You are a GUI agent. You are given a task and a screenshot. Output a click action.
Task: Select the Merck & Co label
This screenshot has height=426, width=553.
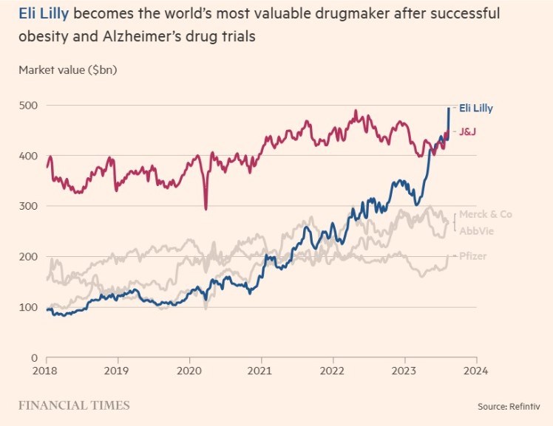pyautogui.click(x=485, y=214)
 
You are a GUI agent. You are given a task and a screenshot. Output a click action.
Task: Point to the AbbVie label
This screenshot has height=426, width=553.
pyautogui.click(x=477, y=231)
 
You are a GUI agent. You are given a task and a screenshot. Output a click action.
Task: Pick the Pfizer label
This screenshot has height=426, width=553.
pyautogui.click(x=472, y=255)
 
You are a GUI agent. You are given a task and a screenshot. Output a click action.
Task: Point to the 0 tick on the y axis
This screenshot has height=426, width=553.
pyautogui.click(x=33, y=357)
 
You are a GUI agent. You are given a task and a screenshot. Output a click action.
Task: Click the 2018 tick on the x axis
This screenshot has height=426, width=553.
pyautogui.click(x=47, y=370)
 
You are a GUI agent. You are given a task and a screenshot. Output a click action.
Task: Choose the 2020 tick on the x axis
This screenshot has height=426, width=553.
pyautogui.click(x=189, y=370)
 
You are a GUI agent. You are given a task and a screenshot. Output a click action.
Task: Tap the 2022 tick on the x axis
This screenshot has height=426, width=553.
pyautogui.click(x=333, y=370)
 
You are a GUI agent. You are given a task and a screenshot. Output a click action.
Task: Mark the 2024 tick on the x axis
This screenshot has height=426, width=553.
pyautogui.click(x=475, y=370)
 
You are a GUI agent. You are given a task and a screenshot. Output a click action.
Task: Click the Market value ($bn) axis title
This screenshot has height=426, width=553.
pyautogui.click(x=68, y=71)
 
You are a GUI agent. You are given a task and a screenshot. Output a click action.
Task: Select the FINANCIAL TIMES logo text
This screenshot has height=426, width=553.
pyautogui.click(x=74, y=405)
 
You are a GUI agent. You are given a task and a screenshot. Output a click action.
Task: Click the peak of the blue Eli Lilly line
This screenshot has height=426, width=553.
pyautogui.click(x=449, y=109)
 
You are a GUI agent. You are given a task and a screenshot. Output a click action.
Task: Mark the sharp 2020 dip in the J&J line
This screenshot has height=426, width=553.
pyautogui.click(x=206, y=209)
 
